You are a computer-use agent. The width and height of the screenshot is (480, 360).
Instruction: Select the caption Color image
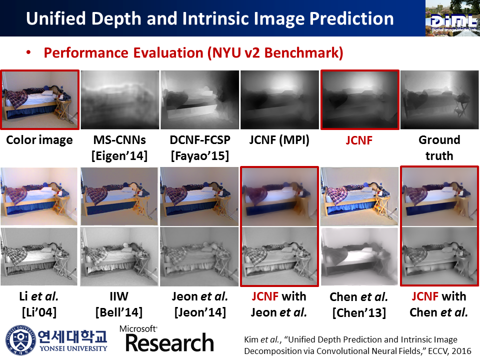(39, 140)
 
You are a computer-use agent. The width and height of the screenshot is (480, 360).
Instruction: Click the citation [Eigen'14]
(119, 156)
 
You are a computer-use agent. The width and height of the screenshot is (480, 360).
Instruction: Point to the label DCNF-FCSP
(199, 140)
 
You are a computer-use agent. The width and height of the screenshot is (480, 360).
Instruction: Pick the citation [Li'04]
(39, 313)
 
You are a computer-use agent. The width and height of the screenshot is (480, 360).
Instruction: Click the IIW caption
(119, 297)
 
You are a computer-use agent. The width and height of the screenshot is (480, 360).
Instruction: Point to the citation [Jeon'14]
(199, 313)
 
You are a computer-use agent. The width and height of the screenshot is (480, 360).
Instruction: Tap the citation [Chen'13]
(359, 313)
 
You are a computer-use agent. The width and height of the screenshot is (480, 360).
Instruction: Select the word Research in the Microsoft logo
(169, 343)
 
